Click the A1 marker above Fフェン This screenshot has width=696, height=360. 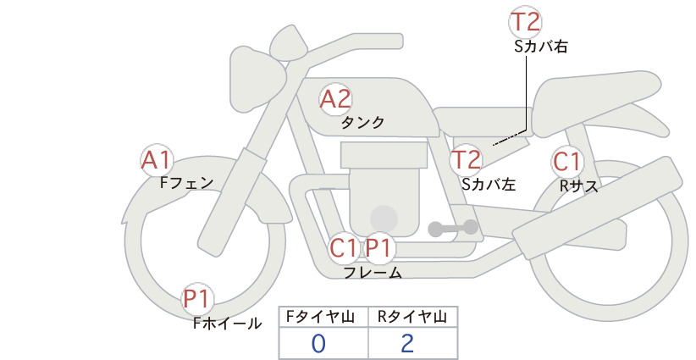coord(157,160)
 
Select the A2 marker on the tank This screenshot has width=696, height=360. coord(335,99)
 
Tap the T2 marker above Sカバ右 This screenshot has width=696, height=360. coord(525,22)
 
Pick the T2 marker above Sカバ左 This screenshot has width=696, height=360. coord(466,160)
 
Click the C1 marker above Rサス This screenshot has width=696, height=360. coord(567,162)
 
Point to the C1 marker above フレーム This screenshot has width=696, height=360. coord(344,247)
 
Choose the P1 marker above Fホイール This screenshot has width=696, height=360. coord(196,299)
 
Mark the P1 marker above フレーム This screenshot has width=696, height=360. coord(378,247)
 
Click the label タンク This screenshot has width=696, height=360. coord(362,122)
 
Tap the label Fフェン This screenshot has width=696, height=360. coord(186,182)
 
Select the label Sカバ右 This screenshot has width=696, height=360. coord(541,47)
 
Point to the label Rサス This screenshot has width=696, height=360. coord(579,186)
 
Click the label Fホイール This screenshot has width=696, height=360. coord(227,323)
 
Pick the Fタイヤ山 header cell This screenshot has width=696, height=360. coord(323,317)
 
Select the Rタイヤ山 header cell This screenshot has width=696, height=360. coord(413,317)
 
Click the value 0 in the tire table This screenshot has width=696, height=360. coord(318,344)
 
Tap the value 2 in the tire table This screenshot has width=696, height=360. coord(407,344)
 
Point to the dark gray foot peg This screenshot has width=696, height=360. coord(453,228)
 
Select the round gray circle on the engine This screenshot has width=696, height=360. coord(384,219)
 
